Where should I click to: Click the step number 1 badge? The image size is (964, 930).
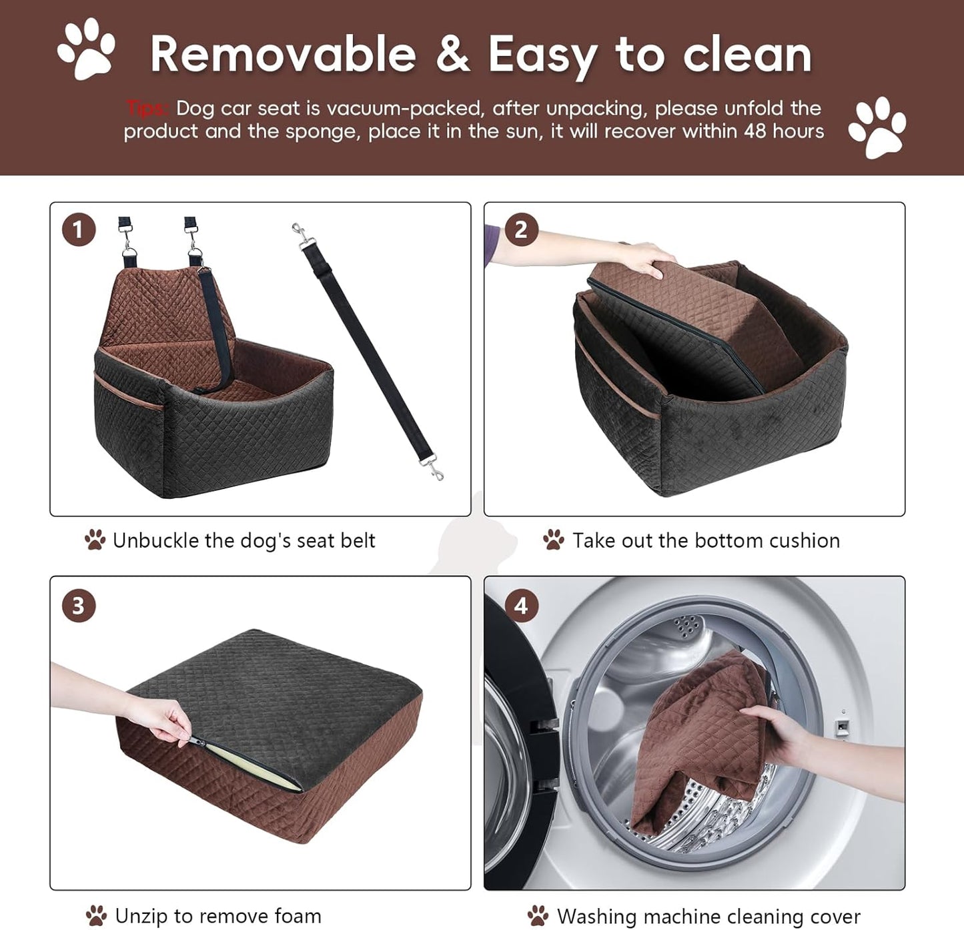79,230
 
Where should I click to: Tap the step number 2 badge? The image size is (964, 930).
521,230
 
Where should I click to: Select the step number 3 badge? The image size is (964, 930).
79,606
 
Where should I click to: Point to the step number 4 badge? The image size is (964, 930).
521,606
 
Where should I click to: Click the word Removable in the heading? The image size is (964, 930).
283,55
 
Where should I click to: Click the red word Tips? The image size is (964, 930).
147,108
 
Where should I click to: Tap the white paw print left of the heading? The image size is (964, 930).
87,49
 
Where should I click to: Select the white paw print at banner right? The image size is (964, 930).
877,127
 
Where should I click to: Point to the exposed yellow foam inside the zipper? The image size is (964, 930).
254,768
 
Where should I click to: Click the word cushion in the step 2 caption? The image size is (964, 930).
804,540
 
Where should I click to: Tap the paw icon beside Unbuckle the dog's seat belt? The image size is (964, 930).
95,540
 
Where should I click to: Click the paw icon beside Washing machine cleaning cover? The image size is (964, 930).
538,916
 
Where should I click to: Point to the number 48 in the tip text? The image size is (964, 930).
755,131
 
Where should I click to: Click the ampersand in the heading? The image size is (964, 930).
453,55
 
